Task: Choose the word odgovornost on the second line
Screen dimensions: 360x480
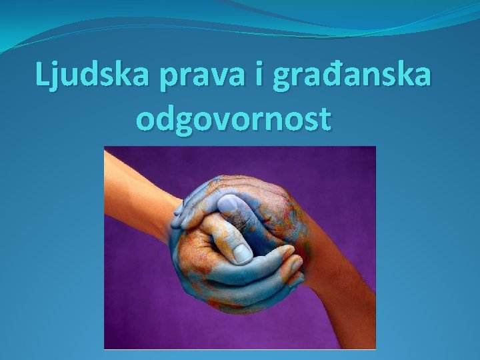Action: click(x=233, y=120)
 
